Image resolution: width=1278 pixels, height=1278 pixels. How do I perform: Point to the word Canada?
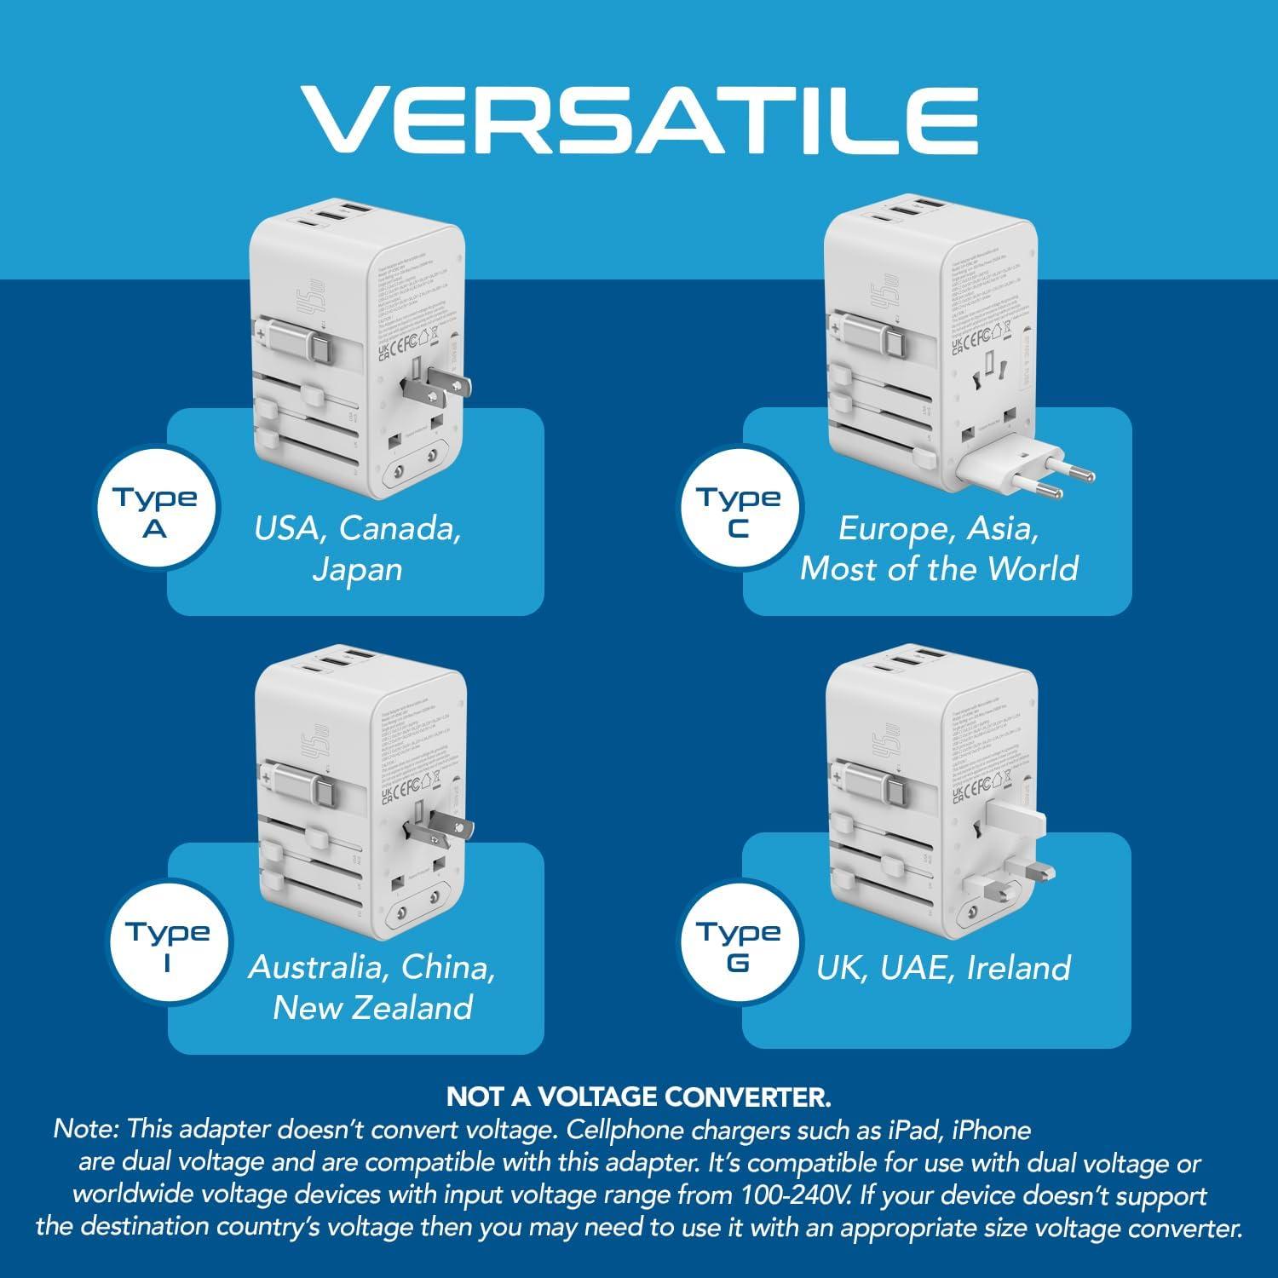point(400,528)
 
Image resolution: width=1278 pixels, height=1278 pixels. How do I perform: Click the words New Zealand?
point(372,1007)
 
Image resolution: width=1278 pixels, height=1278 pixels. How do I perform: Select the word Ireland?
point(1019,968)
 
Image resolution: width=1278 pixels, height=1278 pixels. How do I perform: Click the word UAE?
point(918,968)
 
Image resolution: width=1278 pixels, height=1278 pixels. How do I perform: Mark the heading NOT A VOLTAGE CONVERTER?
point(638,1097)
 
